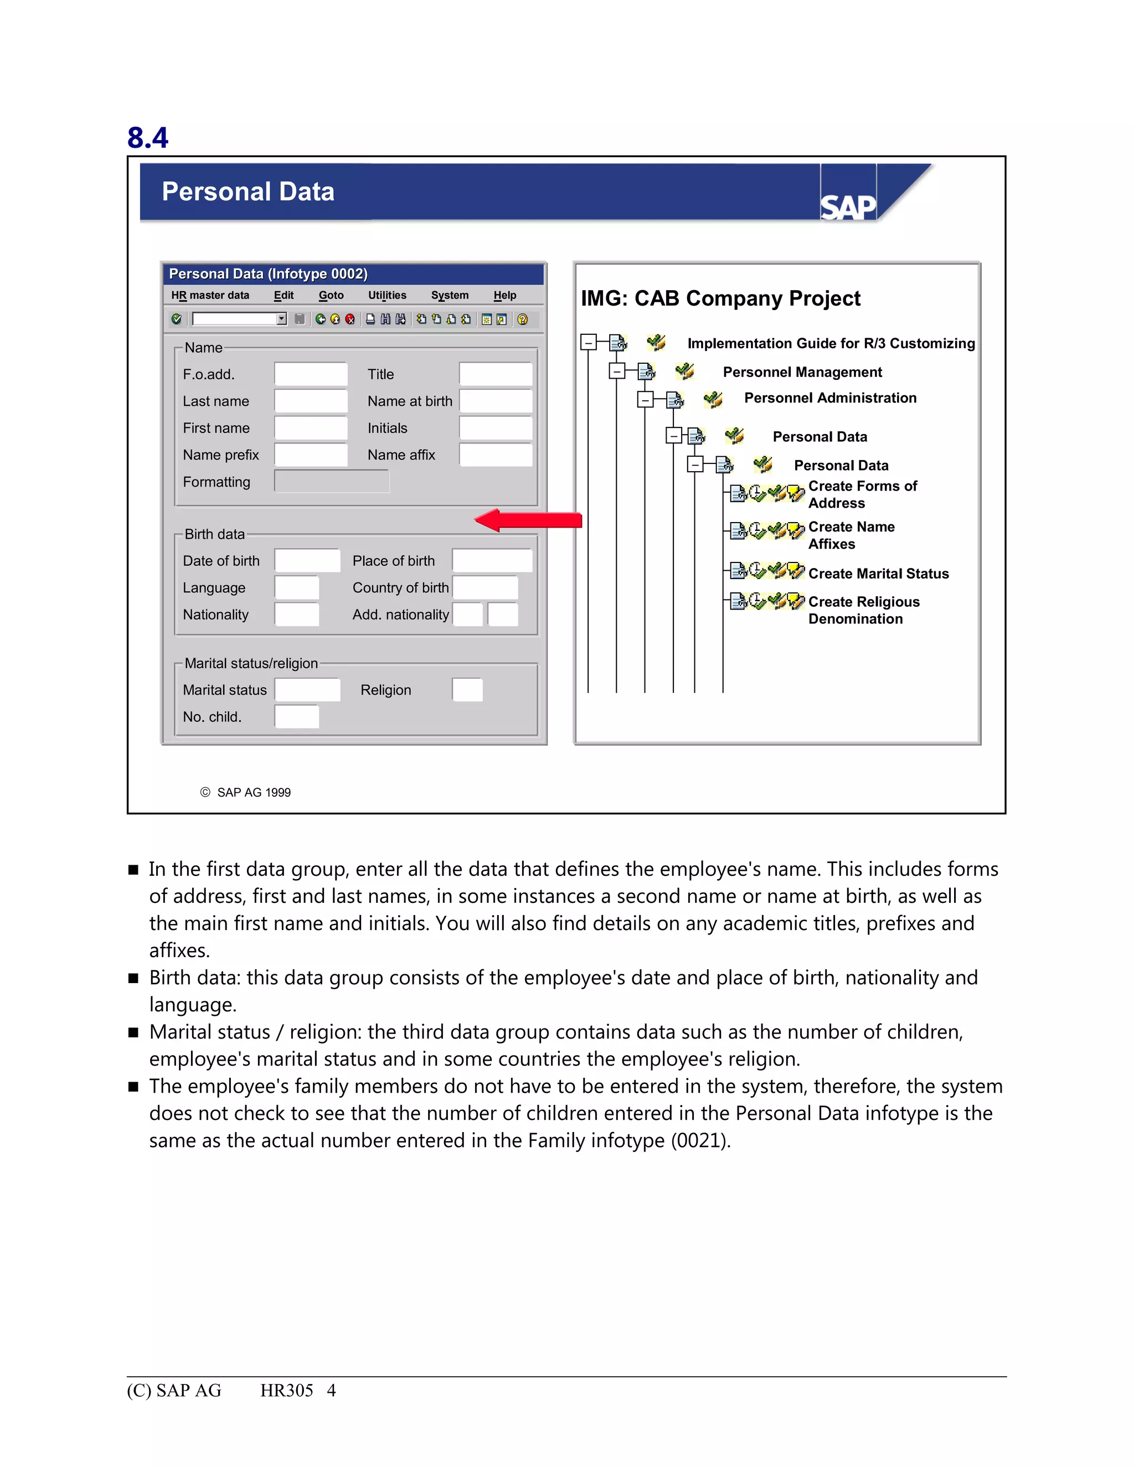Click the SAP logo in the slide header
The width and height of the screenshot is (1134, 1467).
(x=848, y=206)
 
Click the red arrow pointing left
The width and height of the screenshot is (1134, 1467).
(x=528, y=520)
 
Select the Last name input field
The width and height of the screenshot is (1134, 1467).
(x=311, y=401)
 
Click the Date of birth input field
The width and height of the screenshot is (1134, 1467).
(x=307, y=560)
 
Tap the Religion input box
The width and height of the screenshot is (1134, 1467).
(x=467, y=690)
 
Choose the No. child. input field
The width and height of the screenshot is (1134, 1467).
(x=296, y=717)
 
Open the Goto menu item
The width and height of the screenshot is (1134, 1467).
(x=331, y=295)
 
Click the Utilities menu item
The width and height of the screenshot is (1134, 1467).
(x=387, y=295)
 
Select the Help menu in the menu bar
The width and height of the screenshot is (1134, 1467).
(x=504, y=295)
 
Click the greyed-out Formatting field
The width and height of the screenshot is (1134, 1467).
(x=331, y=481)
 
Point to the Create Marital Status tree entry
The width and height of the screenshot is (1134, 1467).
(x=878, y=574)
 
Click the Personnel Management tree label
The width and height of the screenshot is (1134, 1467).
(x=802, y=372)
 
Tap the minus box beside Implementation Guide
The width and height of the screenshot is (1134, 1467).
(x=589, y=343)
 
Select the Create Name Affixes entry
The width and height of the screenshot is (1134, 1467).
(x=850, y=535)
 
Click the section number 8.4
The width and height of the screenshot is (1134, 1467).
(x=148, y=138)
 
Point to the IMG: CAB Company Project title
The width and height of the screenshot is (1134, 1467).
(x=720, y=298)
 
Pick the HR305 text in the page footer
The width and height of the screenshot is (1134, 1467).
(x=286, y=1391)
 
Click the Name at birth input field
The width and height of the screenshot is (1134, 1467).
(x=495, y=401)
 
